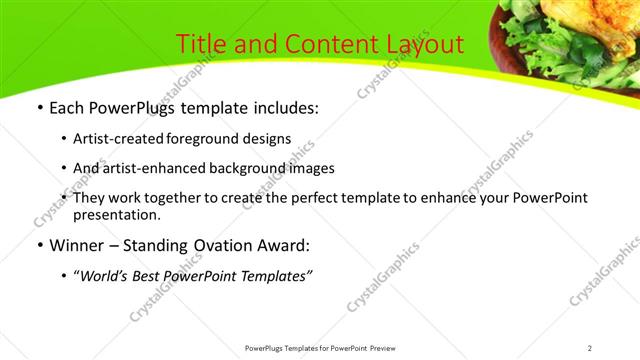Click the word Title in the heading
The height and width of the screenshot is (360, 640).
point(200,44)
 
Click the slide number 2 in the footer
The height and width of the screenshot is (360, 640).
point(590,348)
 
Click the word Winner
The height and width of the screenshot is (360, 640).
point(76,244)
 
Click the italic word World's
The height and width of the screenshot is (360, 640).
point(106,274)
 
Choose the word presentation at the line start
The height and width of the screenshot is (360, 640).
point(116,213)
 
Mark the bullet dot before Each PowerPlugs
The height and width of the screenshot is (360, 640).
point(38,108)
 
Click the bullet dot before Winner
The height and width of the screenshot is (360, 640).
point(38,244)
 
